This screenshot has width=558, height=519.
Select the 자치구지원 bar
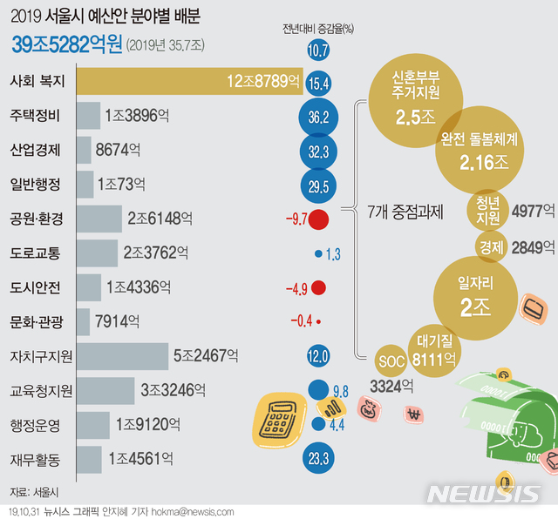[122, 356]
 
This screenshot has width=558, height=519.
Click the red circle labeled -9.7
[318, 219]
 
